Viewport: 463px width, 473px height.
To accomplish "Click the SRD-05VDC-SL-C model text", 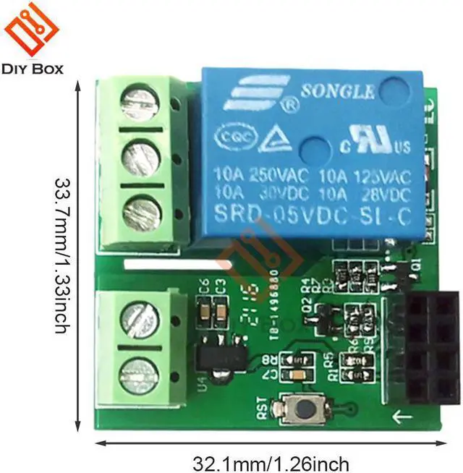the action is pos(311,215).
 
